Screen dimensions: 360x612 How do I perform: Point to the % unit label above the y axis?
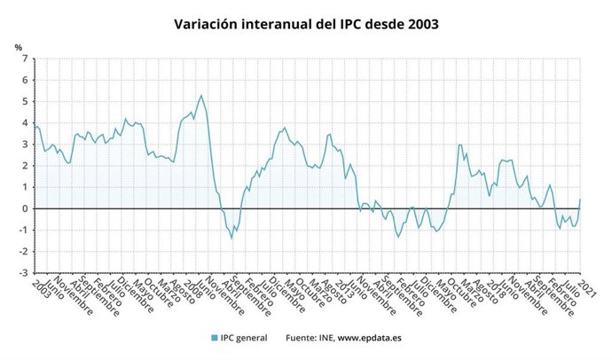(18, 47)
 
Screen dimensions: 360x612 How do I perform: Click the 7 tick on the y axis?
(25, 59)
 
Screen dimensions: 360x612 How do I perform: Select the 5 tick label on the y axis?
(25, 102)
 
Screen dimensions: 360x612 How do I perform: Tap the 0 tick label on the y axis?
(25, 209)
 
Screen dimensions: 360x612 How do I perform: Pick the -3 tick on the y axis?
(22, 273)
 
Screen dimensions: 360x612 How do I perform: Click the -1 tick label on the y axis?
(22, 231)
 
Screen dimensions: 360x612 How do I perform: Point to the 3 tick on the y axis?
(25, 145)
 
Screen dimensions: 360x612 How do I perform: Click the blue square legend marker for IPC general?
(215, 338)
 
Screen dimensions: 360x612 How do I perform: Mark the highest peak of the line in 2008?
(201, 96)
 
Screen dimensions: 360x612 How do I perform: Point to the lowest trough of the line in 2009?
(232, 238)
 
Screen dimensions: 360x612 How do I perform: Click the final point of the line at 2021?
(580, 199)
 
